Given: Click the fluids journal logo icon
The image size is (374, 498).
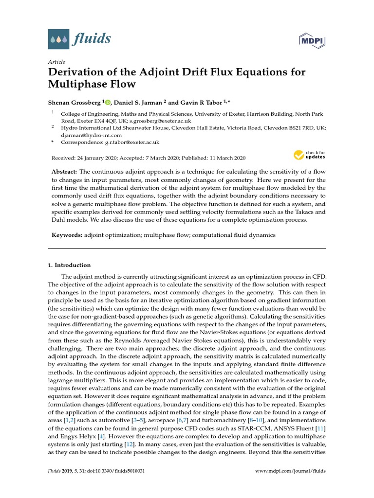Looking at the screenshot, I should click(x=58, y=38).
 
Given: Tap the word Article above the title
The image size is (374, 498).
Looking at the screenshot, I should click(x=56, y=62).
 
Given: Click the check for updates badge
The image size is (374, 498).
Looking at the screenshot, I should click(x=309, y=155).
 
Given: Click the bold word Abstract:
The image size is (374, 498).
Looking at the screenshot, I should click(x=64, y=172).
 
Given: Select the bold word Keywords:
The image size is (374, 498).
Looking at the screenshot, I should click(x=67, y=235).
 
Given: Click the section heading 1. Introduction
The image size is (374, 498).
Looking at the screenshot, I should click(x=69, y=265).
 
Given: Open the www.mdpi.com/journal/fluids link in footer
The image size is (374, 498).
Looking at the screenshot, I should click(x=291, y=471).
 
